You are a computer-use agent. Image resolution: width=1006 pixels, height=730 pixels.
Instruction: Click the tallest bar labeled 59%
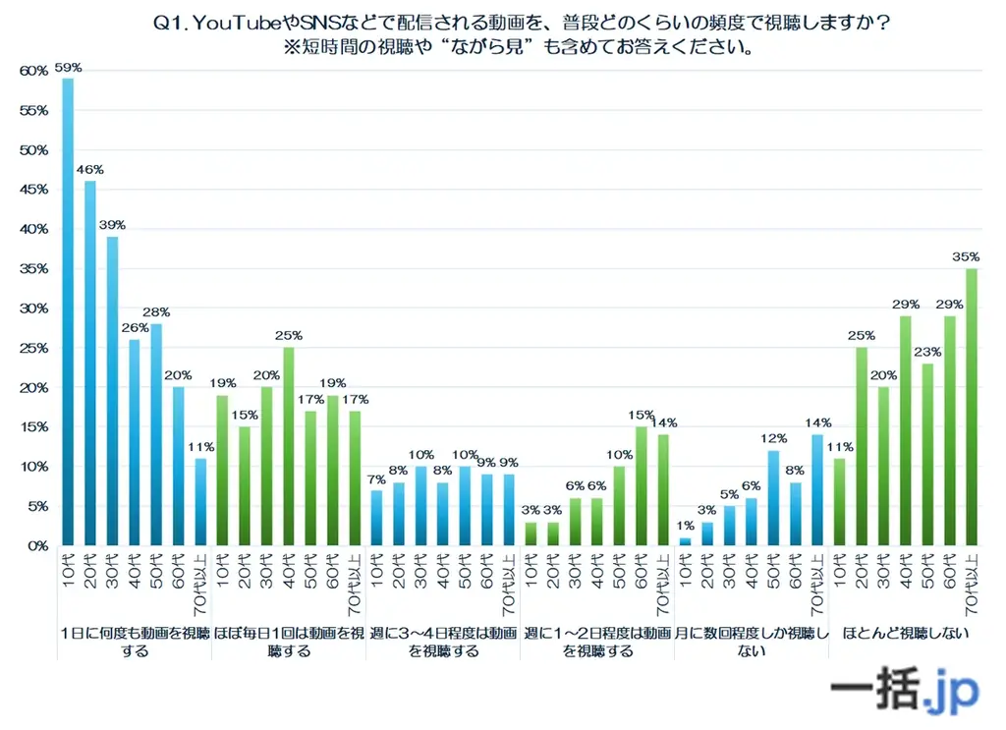[x=68, y=311]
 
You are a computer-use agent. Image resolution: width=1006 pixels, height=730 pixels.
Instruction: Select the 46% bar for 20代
[x=90, y=363]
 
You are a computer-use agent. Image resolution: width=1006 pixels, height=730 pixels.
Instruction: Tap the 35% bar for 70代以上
[x=971, y=407]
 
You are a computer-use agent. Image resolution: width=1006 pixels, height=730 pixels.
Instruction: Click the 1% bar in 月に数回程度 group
[x=685, y=540]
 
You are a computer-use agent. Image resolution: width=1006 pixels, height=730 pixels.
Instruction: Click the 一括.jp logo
[x=904, y=691]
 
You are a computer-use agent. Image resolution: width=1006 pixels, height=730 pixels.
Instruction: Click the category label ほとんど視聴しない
[x=905, y=633]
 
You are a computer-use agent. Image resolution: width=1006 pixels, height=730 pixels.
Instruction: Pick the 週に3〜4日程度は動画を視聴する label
[x=443, y=641]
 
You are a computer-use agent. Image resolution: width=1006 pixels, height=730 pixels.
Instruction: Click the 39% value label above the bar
[x=113, y=225]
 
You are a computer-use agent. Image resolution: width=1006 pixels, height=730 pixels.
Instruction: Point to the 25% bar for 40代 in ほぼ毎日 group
[x=288, y=446]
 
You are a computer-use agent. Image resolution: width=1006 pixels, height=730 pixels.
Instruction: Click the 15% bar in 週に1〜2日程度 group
[x=642, y=485]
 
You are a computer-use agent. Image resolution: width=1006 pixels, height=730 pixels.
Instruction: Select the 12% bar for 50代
[x=773, y=497]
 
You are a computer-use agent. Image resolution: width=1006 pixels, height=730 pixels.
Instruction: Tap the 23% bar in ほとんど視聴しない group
[x=927, y=454]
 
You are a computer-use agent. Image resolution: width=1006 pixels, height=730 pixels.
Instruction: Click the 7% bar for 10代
[x=376, y=517]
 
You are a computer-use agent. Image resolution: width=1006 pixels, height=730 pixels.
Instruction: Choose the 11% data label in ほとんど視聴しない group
[x=839, y=447]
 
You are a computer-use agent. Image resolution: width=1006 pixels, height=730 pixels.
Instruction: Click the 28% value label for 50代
[x=157, y=311]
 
